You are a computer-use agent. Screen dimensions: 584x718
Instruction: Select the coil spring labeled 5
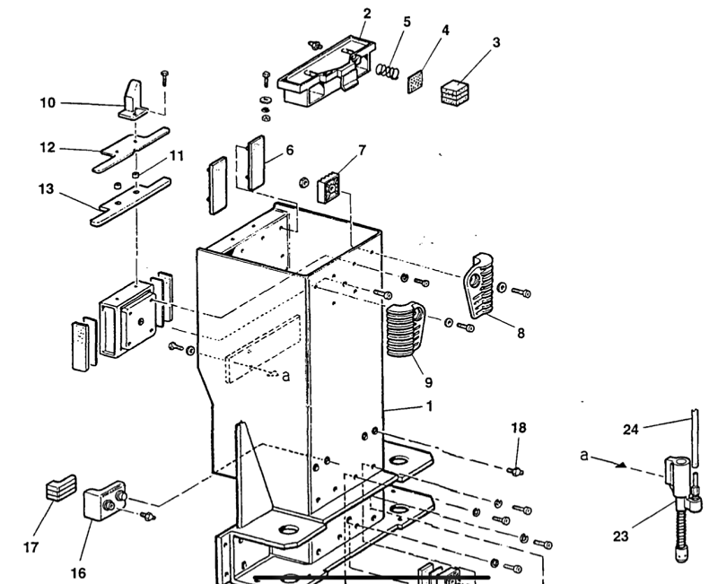pyautogui.click(x=385, y=68)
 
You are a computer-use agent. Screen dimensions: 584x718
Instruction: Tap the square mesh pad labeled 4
pyautogui.click(x=416, y=82)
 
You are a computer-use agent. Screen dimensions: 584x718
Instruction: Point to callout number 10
pyautogui.click(x=47, y=103)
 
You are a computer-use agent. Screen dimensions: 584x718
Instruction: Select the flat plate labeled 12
pyautogui.click(x=133, y=148)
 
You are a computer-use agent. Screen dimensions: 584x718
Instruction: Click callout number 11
pyautogui.click(x=177, y=155)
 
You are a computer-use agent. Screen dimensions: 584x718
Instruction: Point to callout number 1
pyautogui.click(x=430, y=406)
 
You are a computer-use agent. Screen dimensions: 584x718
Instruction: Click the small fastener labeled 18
pyautogui.click(x=516, y=469)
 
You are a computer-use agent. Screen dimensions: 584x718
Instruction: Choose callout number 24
pyautogui.click(x=632, y=429)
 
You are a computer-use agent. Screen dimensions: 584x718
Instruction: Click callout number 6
pyautogui.click(x=289, y=151)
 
